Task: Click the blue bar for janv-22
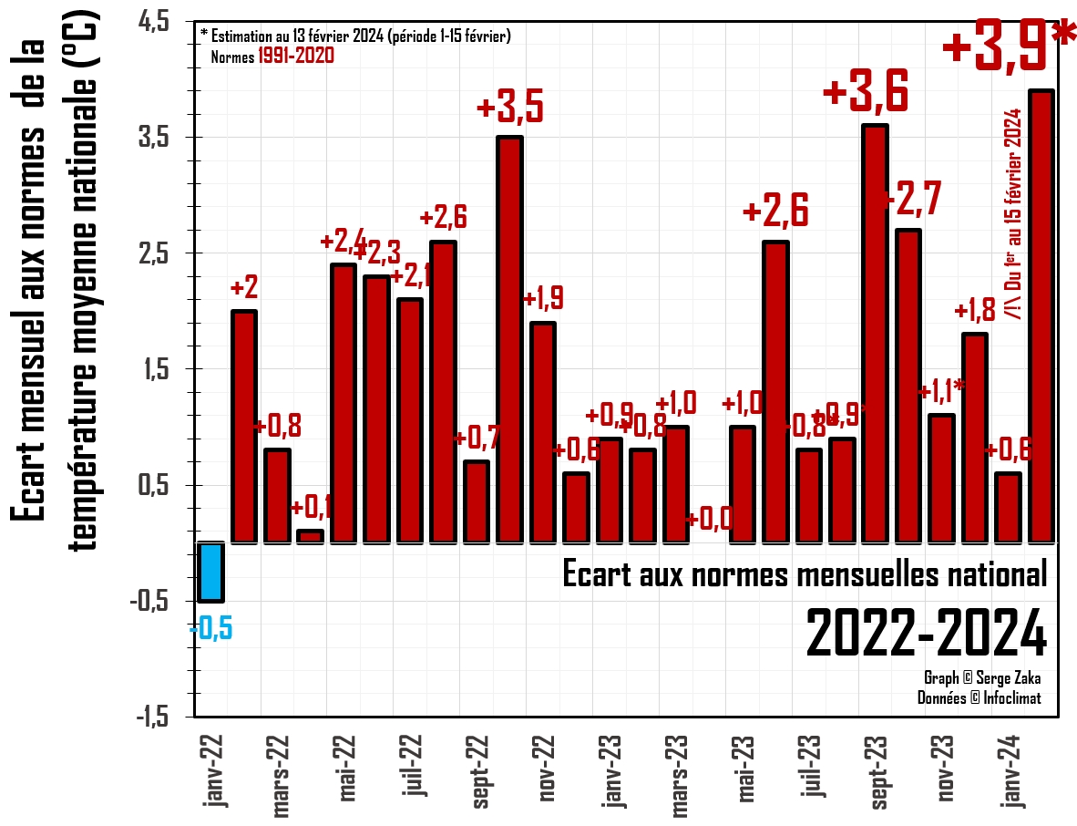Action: (x=210, y=572)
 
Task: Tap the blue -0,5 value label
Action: (x=210, y=629)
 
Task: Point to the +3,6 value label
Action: (x=866, y=93)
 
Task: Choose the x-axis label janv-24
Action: (x=1012, y=769)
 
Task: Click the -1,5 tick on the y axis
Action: (x=151, y=718)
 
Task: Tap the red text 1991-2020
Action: (x=296, y=56)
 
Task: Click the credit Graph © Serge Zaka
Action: (x=981, y=678)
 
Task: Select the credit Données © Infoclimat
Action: (x=979, y=698)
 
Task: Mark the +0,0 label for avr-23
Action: (x=709, y=520)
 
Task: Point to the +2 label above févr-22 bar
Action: (x=243, y=288)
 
